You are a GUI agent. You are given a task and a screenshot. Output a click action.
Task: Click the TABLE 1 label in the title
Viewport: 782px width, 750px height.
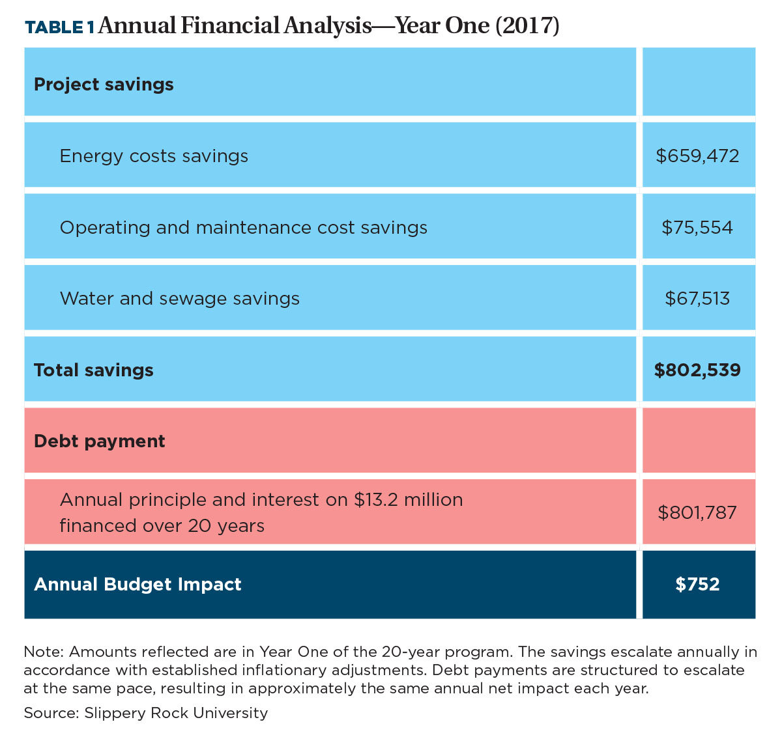click(x=59, y=27)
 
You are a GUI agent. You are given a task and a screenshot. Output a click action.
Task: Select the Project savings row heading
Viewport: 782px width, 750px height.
click(x=104, y=85)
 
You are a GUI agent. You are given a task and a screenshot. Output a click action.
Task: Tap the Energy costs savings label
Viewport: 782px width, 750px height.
click(x=154, y=156)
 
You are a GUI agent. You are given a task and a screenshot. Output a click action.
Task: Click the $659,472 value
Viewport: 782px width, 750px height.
click(x=697, y=156)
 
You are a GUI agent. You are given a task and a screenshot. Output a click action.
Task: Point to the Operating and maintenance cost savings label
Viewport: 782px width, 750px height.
click(x=243, y=227)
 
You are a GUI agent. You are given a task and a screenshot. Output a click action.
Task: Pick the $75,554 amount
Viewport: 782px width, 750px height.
click(x=697, y=227)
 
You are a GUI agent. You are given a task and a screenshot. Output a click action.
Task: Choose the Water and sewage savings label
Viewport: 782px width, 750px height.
click(x=179, y=299)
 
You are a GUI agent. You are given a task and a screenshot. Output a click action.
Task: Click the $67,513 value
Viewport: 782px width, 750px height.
click(x=697, y=299)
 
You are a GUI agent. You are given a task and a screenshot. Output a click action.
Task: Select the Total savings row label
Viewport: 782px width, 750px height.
click(x=93, y=370)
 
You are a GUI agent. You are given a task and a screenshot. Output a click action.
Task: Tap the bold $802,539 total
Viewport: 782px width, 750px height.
click(x=697, y=370)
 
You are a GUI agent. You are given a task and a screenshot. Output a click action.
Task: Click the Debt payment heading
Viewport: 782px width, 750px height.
click(x=99, y=441)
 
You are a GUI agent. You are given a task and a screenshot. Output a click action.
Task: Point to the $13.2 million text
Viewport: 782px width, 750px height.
click(x=409, y=500)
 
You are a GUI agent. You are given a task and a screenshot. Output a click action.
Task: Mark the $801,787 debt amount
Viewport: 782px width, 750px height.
click(x=697, y=512)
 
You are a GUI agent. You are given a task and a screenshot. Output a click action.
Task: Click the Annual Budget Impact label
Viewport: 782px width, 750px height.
click(x=138, y=585)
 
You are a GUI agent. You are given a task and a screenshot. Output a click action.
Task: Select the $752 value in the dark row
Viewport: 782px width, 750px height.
click(x=697, y=585)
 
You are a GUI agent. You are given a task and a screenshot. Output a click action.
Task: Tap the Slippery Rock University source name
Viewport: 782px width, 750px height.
click(x=176, y=713)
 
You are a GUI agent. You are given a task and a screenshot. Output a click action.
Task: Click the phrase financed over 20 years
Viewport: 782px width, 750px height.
click(x=162, y=525)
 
